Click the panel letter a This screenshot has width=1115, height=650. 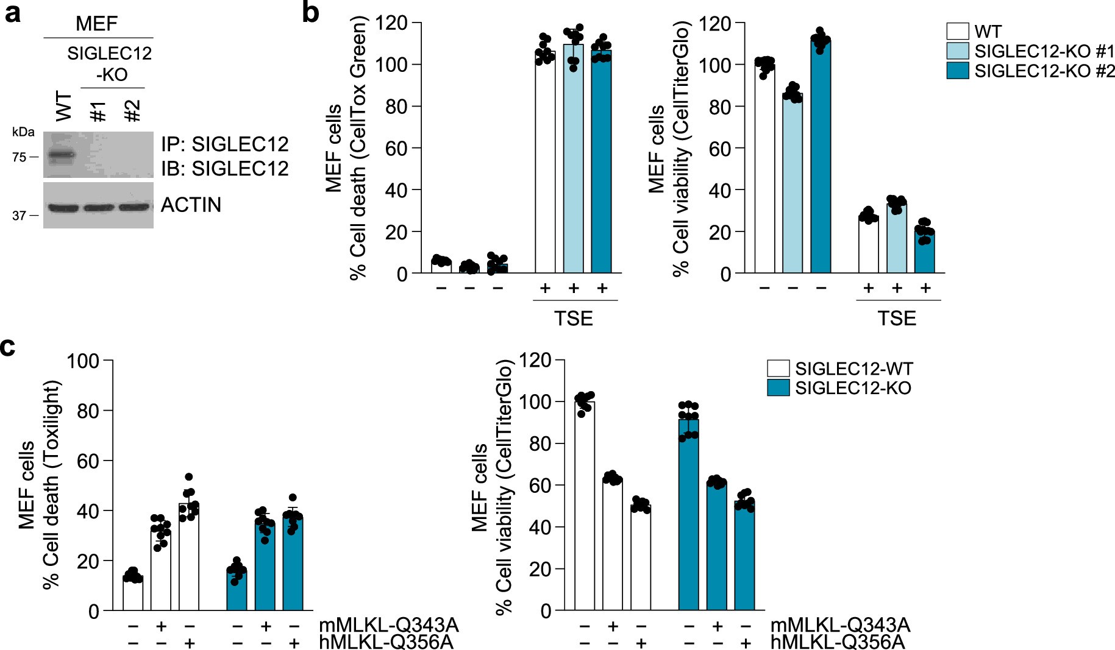[x=13, y=13]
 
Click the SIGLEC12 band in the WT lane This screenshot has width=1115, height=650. [x=60, y=155]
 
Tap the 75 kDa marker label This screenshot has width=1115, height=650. [x=19, y=157]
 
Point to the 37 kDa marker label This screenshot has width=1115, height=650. [x=19, y=216]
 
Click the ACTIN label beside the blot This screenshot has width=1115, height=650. [x=191, y=205]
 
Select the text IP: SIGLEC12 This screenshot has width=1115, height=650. [x=224, y=144]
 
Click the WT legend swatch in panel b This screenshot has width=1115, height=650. [x=957, y=31]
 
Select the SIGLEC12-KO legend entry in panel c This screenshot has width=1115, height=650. [x=852, y=388]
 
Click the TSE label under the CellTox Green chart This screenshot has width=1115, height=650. [x=574, y=318]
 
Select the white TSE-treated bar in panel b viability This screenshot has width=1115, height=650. [x=868, y=244]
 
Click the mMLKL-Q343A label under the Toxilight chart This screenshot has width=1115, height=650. [x=388, y=625]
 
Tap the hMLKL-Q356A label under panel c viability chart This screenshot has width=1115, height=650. [x=837, y=642]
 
